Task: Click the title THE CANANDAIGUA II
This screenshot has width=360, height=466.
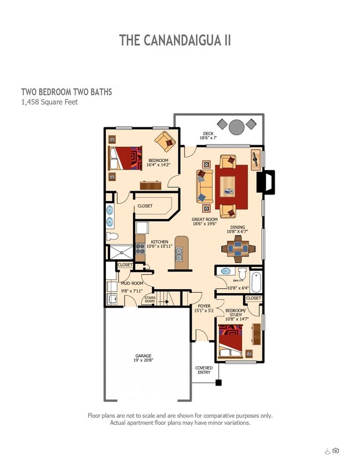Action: pyautogui.click(x=174, y=40)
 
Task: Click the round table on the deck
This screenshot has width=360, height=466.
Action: pyautogui.click(x=236, y=127)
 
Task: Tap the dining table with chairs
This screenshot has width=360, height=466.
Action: pyautogui.click(x=238, y=249)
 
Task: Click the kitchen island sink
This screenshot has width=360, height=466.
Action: pyautogui.click(x=179, y=254)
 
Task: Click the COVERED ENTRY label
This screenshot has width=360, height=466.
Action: pyautogui.click(x=204, y=370)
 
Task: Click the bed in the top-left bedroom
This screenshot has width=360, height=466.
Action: pyautogui.click(x=126, y=158)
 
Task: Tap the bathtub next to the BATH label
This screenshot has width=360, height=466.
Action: pyautogui.click(x=256, y=281)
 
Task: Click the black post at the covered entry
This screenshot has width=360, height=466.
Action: pyautogui.click(x=219, y=382)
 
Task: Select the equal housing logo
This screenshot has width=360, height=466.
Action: pyautogui.click(x=336, y=450)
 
